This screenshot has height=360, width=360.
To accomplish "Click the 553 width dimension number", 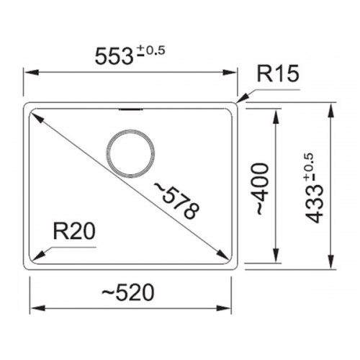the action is [x=114, y=56].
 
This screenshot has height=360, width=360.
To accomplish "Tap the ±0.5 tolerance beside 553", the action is [x=151, y=51].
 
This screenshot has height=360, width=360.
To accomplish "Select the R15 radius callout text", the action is [x=278, y=73].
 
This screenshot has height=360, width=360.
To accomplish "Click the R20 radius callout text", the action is [x=74, y=231].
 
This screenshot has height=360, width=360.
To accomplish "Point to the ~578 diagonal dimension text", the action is [x=177, y=201].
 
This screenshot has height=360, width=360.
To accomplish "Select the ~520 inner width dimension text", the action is [x=128, y=292].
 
